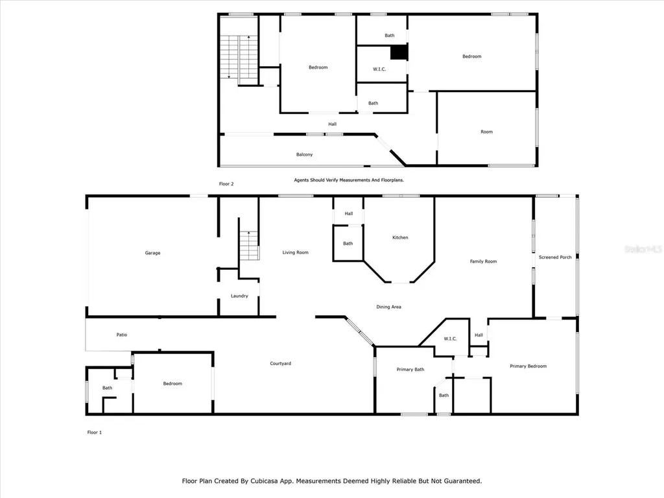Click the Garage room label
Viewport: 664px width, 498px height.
[x=152, y=253]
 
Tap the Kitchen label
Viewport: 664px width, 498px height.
[x=400, y=238]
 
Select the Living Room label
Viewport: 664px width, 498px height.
[x=295, y=252]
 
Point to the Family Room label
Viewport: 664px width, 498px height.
[x=483, y=261]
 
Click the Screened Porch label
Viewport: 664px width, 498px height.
[x=555, y=257]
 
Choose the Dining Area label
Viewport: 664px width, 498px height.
[x=388, y=307]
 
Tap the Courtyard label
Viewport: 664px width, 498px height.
[x=280, y=363]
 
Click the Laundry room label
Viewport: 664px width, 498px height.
[x=239, y=296]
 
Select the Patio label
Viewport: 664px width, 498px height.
[x=121, y=335]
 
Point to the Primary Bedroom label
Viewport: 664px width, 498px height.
[x=528, y=366]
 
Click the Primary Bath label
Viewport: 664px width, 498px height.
[x=410, y=370]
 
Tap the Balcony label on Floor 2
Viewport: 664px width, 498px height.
[x=304, y=154]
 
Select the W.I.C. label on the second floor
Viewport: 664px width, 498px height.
[x=379, y=69]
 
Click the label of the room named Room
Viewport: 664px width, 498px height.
[x=486, y=132]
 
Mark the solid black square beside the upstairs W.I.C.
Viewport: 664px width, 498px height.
[x=399, y=53]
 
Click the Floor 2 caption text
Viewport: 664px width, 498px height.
[x=226, y=184]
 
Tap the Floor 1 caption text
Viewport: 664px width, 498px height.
[x=95, y=432]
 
